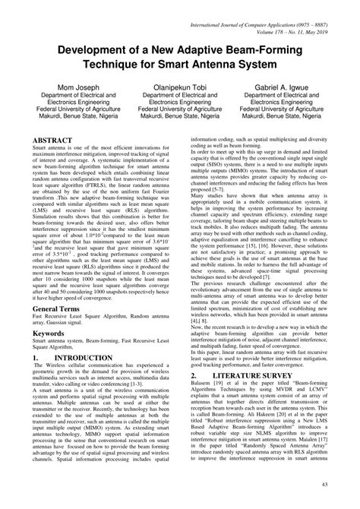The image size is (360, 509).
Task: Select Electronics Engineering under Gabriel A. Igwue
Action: pos(286,109)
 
